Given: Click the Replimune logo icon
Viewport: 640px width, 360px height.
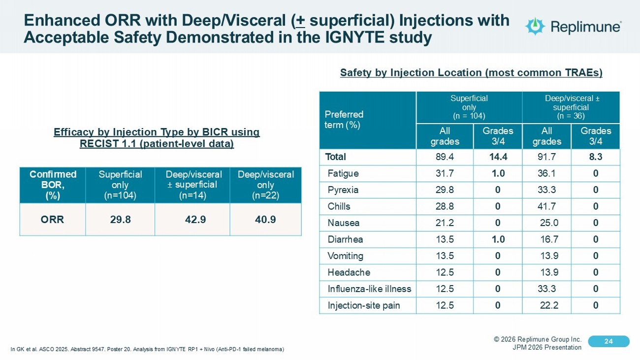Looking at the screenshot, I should [535, 26].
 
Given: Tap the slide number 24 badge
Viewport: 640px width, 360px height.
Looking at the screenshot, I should [608, 341].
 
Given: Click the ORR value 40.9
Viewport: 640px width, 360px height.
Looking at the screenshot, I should [265, 219].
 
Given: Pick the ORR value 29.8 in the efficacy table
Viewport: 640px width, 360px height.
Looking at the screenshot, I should [120, 219].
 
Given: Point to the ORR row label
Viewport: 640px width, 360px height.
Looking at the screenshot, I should [52, 219].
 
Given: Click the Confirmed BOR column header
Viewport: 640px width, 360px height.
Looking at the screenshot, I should [53, 185].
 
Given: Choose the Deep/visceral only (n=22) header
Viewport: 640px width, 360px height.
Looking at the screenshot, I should [265, 185].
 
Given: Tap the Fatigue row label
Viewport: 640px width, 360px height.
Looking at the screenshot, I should [343, 173].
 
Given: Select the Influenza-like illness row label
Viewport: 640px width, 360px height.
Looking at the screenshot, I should [369, 289].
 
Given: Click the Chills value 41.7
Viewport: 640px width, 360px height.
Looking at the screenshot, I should [546, 206].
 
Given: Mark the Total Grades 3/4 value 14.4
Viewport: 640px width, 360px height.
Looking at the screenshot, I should [498, 157].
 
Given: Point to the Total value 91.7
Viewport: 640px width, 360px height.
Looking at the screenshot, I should [546, 157].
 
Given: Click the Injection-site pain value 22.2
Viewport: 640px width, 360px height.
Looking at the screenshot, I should [548, 305].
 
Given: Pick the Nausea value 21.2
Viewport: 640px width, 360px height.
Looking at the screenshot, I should [445, 223].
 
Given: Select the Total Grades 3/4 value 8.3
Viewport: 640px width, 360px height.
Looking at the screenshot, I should [596, 157].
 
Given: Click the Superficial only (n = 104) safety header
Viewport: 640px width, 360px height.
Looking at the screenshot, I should [469, 107].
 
